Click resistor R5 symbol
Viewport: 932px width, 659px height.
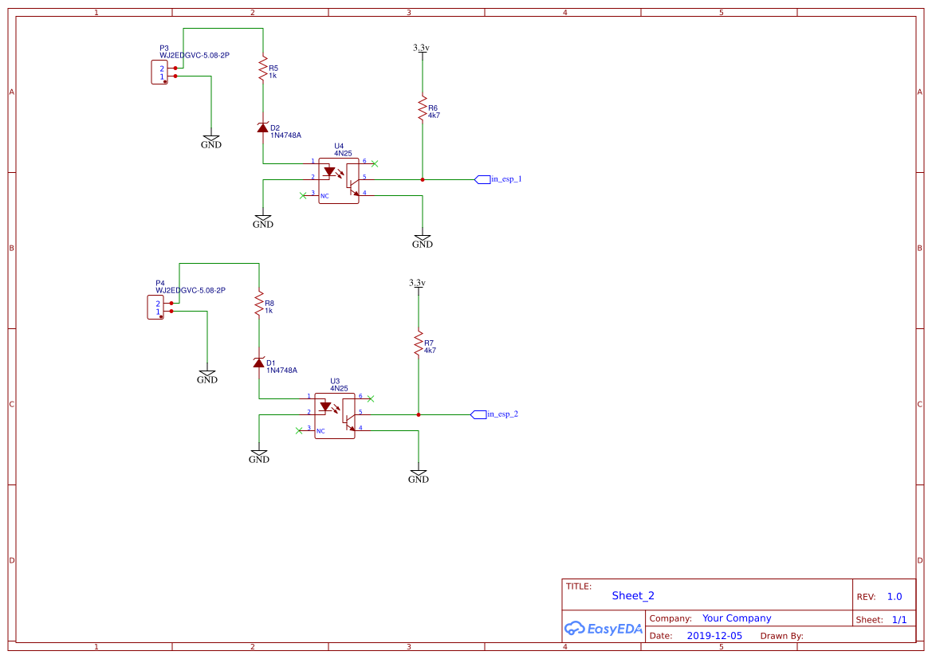262,69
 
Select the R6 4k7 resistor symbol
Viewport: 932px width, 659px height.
423,108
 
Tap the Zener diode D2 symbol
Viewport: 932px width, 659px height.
262,127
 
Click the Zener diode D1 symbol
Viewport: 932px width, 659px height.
258,363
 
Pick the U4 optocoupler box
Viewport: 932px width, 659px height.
339,181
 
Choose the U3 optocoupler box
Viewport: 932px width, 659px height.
335,416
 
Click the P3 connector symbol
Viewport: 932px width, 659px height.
159,73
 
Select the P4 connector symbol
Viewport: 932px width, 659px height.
155,308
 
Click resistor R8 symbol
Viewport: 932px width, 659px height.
258,304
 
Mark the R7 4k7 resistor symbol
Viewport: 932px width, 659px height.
418,343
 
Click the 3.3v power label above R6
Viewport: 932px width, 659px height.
422,49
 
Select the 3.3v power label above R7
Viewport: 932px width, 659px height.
418,284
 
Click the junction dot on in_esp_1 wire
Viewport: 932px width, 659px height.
423,179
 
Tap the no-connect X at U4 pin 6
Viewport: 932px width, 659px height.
375,163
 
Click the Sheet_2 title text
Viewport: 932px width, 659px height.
633,595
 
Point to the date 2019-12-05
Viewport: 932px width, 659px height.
714,636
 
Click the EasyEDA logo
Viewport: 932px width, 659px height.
604,628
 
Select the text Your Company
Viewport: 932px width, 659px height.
737,618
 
